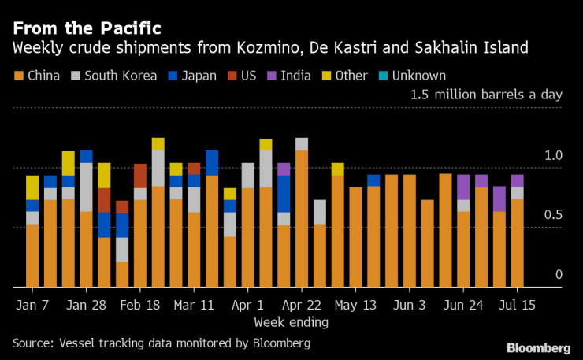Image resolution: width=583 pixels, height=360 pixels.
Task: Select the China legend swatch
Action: (x=17, y=76)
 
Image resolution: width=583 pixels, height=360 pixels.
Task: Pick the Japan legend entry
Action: (x=199, y=76)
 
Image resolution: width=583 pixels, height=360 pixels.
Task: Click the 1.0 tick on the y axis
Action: (x=554, y=156)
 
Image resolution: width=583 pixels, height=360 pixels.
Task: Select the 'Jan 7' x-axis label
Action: (x=32, y=305)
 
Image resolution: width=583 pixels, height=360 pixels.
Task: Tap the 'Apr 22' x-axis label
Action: (x=302, y=305)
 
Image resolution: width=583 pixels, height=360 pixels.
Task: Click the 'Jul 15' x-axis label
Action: (x=518, y=305)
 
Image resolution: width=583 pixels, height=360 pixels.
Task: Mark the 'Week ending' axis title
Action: (x=291, y=322)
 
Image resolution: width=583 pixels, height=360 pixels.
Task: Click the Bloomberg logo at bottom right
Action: (x=539, y=347)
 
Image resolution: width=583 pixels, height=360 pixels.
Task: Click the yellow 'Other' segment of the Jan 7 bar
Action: (x=32, y=187)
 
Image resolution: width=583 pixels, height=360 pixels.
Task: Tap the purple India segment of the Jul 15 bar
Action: (x=517, y=180)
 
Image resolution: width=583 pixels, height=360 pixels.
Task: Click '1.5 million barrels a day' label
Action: (x=486, y=95)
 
